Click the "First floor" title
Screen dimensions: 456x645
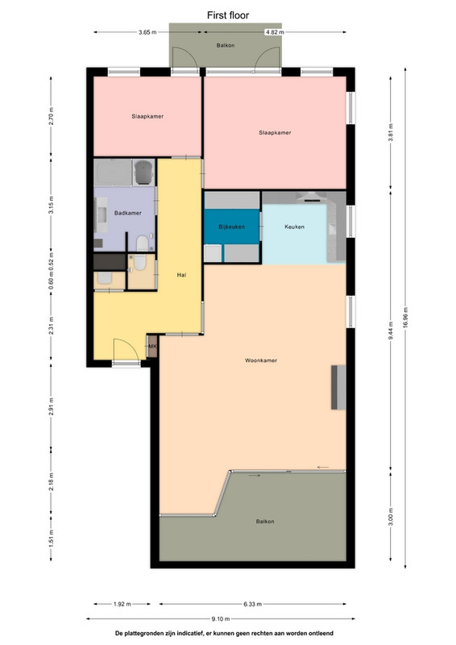[228, 15]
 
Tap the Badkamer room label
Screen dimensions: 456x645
[128, 213]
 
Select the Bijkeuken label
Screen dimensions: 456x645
[231, 227]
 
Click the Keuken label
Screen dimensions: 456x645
[294, 227]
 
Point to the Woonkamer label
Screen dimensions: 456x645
[261, 360]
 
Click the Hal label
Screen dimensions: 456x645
[181, 275]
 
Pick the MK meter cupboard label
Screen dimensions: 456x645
[152, 347]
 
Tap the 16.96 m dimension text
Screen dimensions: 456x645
[405, 317]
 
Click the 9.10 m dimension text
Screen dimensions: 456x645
[221, 618]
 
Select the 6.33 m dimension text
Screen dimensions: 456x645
[252, 604]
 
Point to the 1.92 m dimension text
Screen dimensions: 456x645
[122, 604]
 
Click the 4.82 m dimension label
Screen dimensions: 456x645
[274, 32]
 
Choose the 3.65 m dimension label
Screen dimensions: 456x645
[147, 32]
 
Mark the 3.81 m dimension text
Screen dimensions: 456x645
[391, 132]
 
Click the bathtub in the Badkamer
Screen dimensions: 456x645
[113, 173]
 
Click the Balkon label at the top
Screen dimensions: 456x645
[226, 45]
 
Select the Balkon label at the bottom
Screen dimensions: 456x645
[265, 521]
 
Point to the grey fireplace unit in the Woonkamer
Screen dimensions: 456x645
[338, 387]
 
